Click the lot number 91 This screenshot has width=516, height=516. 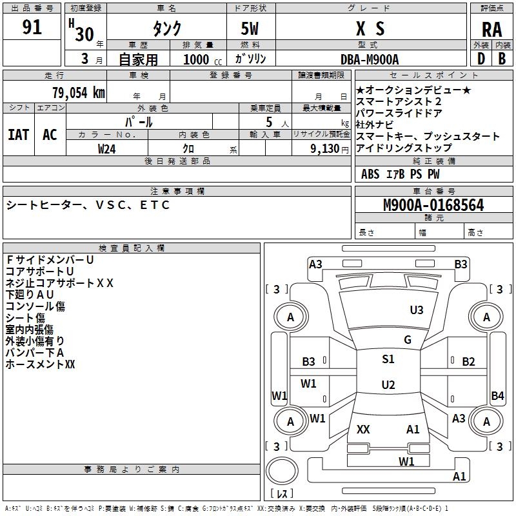(x=32, y=28)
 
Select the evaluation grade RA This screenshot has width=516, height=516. (x=491, y=30)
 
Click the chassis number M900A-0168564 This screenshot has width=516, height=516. (x=433, y=205)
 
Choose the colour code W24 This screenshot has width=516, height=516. (x=106, y=148)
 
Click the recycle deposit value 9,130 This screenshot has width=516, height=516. (x=328, y=148)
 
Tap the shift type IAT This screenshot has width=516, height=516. (x=18, y=134)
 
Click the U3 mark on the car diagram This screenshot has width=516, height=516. (x=417, y=310)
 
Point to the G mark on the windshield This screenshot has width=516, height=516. (x=407, y=340)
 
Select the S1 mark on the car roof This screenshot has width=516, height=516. (x=388, y=359)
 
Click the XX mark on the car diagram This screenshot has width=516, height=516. (x=363, y=429)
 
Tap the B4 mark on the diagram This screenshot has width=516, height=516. (x=497, y=395)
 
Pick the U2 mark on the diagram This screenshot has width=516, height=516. (x=388, y=385)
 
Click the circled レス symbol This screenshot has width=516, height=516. (x=283, y=477)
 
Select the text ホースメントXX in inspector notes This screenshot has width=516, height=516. (x=41, y=364)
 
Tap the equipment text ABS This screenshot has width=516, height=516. (x=370, y=174)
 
